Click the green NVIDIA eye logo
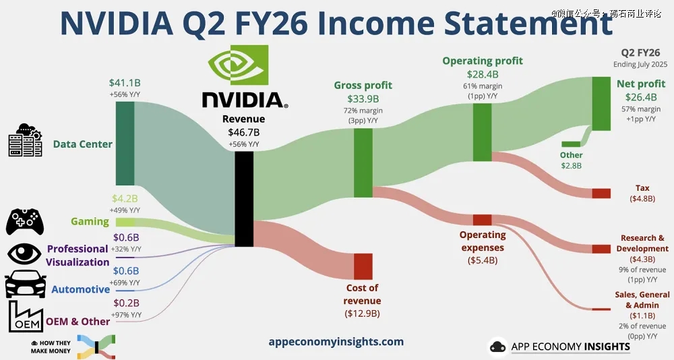click(238, 65)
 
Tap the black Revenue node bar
click(244, 199)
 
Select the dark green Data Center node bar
click(125, 144)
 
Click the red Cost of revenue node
click(363, 267)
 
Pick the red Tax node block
click(601, 193)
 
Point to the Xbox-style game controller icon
click(25, 222)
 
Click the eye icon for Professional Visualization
click(24, 253)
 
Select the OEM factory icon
click(26, 317)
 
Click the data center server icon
click(26, 140)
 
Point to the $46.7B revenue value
click(244, 132)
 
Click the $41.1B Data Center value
click(125, 82)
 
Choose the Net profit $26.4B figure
click(641, 97)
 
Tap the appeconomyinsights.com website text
click(336, 342)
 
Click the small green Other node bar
click(571, 144)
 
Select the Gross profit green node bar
click(363, 162)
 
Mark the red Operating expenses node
click(483, 220)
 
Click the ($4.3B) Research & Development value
click(642, 260)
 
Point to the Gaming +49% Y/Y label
click(125, 210)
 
